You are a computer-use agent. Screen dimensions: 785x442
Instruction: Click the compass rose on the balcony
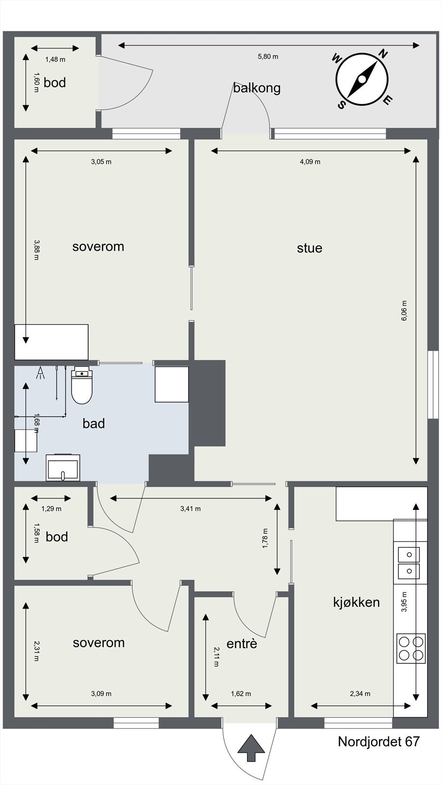point(362,79)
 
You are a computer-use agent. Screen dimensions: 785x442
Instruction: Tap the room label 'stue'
point(309,248)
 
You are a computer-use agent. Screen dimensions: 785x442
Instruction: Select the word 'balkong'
point(257,88)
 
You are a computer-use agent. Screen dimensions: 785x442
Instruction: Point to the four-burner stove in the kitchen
point(411,648)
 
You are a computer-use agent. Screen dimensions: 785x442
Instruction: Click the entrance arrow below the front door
point(251,748)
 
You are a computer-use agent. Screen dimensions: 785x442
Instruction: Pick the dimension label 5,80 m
point(268,56)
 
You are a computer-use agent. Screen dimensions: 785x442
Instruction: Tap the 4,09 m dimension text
point(310,161)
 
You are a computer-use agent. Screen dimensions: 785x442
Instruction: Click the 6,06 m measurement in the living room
point(404,311)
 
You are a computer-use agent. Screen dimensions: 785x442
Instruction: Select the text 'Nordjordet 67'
point(379,741)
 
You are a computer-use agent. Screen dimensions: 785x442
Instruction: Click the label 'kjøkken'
point(356,602)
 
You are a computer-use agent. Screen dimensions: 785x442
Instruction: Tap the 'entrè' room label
point(242,643)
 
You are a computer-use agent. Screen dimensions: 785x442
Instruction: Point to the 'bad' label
point(93,423)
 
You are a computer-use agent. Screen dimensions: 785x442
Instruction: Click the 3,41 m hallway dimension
point(190,509)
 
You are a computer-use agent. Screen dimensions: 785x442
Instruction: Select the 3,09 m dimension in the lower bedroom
point(101,694)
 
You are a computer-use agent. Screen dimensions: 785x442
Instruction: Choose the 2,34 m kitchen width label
point(360,694)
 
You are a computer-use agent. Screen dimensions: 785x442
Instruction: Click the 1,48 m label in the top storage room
point(55,59)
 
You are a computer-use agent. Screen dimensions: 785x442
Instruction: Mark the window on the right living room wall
point(433,384)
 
